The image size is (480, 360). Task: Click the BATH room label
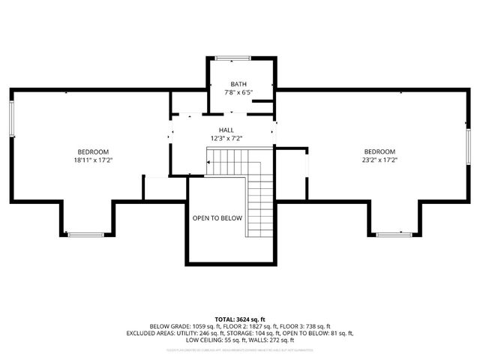[238, 84]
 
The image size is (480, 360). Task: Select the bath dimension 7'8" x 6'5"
[238, 92]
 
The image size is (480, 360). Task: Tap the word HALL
[226, 130]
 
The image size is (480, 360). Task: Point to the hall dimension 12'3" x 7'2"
[226, 138]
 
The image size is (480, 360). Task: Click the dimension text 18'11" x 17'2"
[93, 159]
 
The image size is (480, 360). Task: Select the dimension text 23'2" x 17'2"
[379, 159]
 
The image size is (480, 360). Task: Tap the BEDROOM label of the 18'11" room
[93, 151]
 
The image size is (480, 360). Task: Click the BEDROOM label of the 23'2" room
[379, 151]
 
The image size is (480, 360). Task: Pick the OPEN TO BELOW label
[217, 218]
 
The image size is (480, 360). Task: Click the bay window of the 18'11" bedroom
[86, 235]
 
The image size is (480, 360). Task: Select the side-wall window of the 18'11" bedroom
[11, 118]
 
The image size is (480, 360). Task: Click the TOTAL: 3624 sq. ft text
[239, 319]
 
